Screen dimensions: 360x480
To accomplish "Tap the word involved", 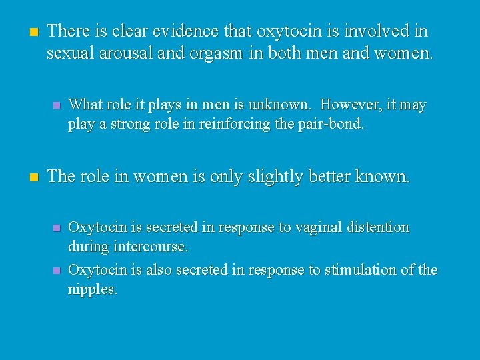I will click(x=382, y=31).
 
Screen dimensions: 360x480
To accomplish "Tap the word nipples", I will click(x=93, y=290).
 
